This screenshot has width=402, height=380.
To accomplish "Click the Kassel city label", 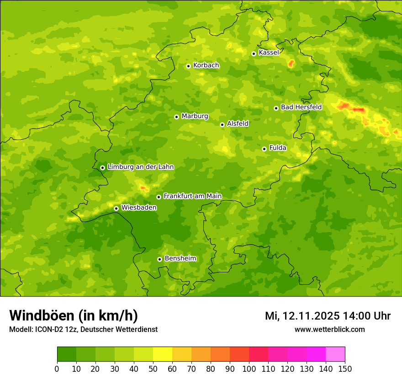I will (x=269, y=53).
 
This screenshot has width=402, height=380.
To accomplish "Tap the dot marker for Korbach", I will (x=188, y=66).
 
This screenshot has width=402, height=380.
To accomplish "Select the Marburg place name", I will (x=195, y=116).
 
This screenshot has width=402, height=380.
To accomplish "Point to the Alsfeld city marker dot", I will (x=222, y=125).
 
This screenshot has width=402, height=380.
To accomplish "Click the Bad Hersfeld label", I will (x=301, y=107).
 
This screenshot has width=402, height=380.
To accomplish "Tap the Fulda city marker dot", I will (x=264, y=149).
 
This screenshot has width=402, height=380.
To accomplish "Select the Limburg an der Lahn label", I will (x=140, y=167).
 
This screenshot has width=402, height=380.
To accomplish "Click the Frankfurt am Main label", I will (x=192, y=196).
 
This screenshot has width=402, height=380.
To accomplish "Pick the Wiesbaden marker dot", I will (x=116, y=208).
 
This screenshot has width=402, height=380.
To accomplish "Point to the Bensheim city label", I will (x=180, y=259).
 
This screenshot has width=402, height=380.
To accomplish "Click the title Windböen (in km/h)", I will (x=74, y=315).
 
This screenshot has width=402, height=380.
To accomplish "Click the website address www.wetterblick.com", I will (x=329, y=329).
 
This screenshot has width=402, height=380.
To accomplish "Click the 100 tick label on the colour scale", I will (x=249, y=369).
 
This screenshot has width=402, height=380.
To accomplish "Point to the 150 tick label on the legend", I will (x=345, y=369).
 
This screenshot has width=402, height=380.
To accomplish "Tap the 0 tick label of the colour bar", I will (x=57, y=369).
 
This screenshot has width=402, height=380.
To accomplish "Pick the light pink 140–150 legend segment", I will (x=335, y=354).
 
